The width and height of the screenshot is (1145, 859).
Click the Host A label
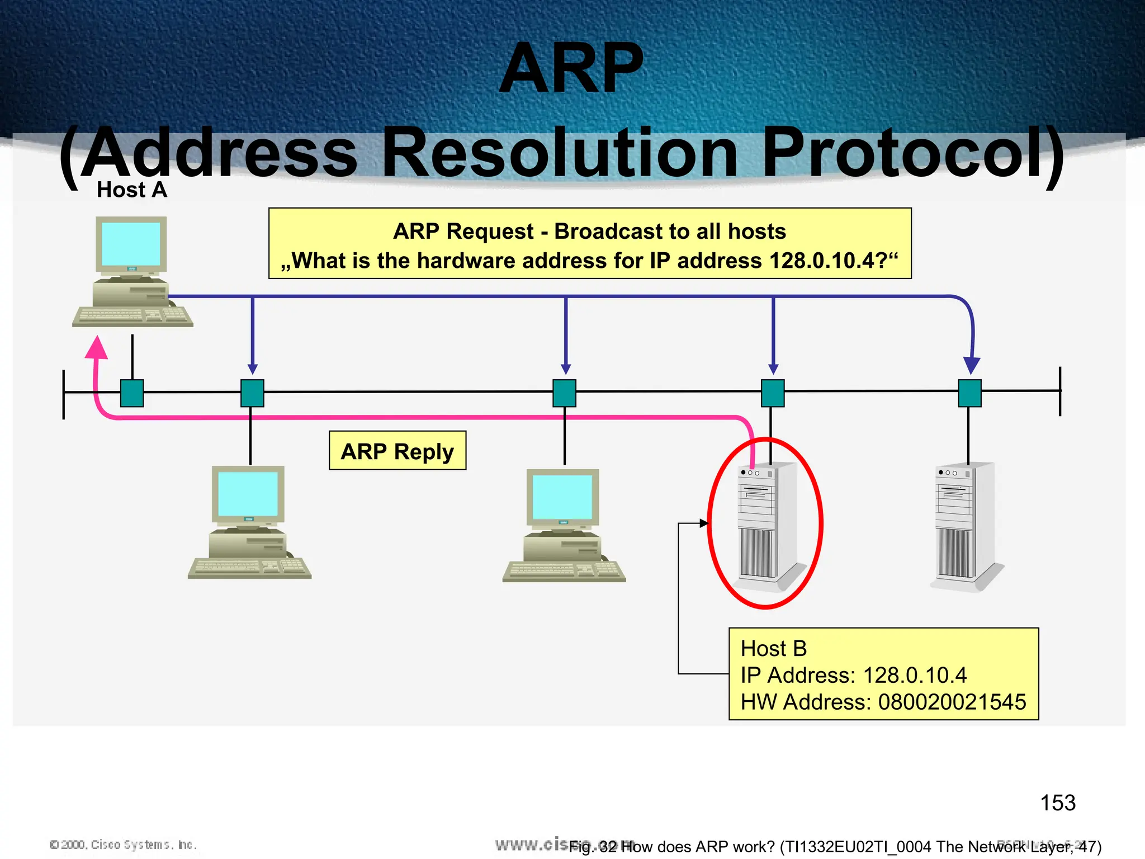pos(132,190)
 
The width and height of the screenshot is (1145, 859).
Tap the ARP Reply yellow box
pos(397,451)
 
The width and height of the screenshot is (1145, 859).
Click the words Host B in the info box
pos(774,649)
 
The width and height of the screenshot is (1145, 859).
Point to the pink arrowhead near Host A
pos(97,347)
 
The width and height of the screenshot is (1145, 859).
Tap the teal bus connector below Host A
pos(132,393)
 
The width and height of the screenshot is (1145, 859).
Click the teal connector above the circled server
pos(773,393)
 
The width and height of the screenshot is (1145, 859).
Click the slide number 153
pos(1057,803)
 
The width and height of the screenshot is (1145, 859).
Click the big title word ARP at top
pos(571,68)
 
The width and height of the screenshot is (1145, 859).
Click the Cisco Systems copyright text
pos(123,844)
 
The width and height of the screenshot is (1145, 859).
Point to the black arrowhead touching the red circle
pos(704,523)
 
